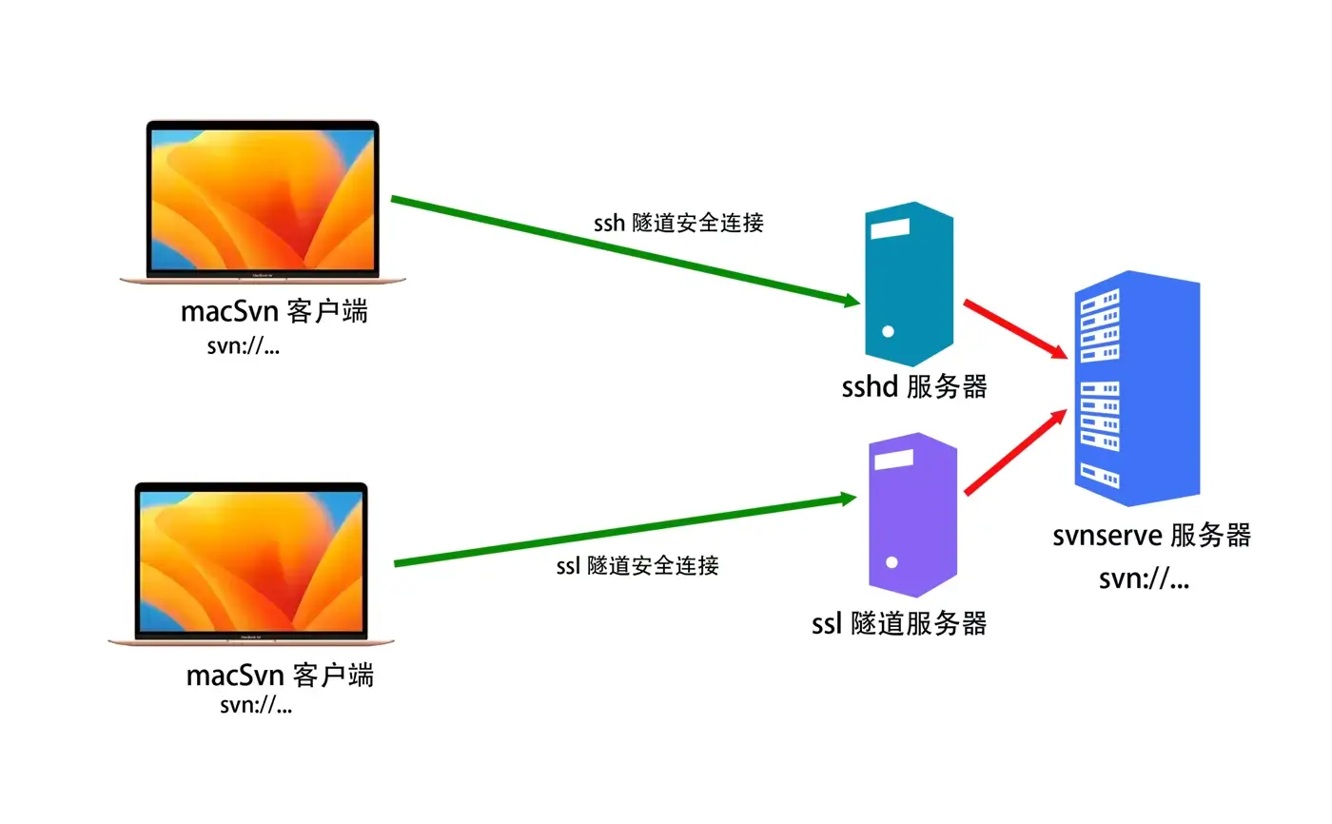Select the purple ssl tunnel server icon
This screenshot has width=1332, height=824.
pos(911,514)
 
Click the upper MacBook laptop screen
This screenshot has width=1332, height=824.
pos(263,198)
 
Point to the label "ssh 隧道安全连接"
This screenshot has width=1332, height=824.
pos(677,224)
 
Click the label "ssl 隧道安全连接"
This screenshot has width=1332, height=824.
pos(637,565)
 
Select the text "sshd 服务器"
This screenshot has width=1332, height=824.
pos(914,387)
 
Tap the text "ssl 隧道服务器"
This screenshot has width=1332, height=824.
pos(899,624)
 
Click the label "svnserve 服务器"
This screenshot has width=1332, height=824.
pos(1151,536)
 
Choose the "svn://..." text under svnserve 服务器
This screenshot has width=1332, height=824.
pos(1144,579)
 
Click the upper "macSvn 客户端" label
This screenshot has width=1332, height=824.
pos(274,311)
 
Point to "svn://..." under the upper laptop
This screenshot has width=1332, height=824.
pos(244,345)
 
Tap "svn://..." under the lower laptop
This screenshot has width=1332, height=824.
pos(255,705)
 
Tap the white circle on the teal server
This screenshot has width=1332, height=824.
pos(888,332)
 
